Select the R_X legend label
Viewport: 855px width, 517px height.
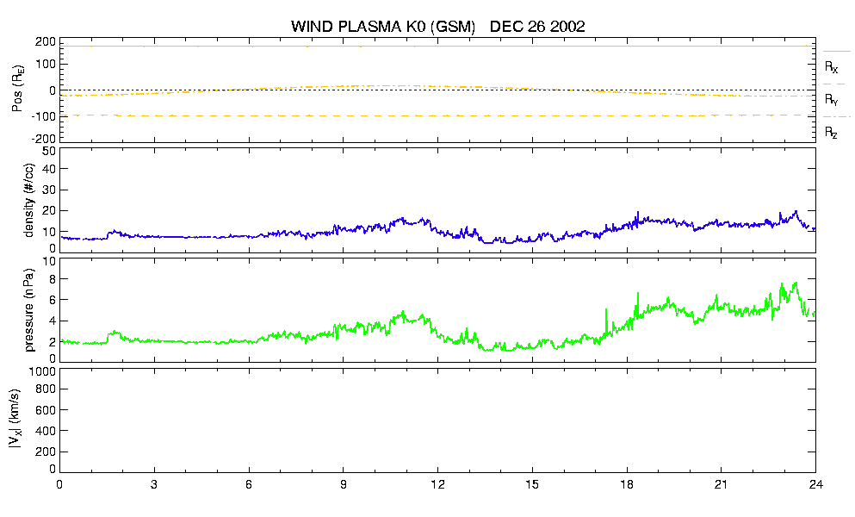point(832,67)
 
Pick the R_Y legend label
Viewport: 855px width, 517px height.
point(832,99)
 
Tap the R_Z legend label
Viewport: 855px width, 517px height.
point(831,132)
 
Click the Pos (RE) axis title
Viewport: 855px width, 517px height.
point(17,89)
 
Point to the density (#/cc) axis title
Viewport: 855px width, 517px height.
point(29,201)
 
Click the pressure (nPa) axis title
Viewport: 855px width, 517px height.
point(29,309)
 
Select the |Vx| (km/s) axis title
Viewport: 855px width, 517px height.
point(15,419)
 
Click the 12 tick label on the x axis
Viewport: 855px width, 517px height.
point(438,484)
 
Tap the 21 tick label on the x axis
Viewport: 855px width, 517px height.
point(722,484)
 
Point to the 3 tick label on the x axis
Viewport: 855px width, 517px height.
point(154,484)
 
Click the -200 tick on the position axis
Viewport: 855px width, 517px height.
point(44,139)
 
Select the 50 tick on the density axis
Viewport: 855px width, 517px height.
point(49,151)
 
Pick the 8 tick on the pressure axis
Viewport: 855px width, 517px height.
point(53,278)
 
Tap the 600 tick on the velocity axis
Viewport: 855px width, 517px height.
point(46,410)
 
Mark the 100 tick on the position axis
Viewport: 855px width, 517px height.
point(46,65)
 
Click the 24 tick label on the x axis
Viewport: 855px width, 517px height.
point(815,484)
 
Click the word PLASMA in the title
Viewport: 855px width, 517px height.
point(370,27)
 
